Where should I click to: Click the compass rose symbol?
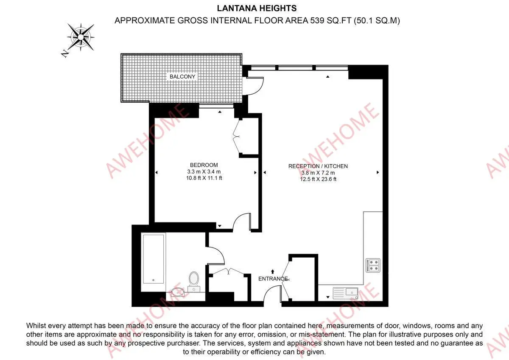click(x=81, y=37)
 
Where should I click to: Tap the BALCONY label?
click(x=182, y=77)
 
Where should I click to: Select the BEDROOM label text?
click(x=204, y=165)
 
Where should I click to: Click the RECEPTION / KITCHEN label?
click(x=318, y=166)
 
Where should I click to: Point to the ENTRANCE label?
click(x=273, y=278)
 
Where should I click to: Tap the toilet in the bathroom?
click(x=194, y=281)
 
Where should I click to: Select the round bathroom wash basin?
click(x=178, y=292)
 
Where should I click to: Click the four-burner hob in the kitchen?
click(x=373, y=265)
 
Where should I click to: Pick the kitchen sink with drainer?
click(x=345, y=293)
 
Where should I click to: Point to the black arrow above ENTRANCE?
click(x=273, y=272)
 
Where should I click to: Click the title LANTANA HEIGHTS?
click(x=257, y=8)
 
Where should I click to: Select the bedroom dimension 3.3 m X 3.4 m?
click(x=204, y=172)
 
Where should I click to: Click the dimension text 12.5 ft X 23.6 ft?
click(x=318, y=179)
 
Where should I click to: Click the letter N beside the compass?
click(x=65, y=53)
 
